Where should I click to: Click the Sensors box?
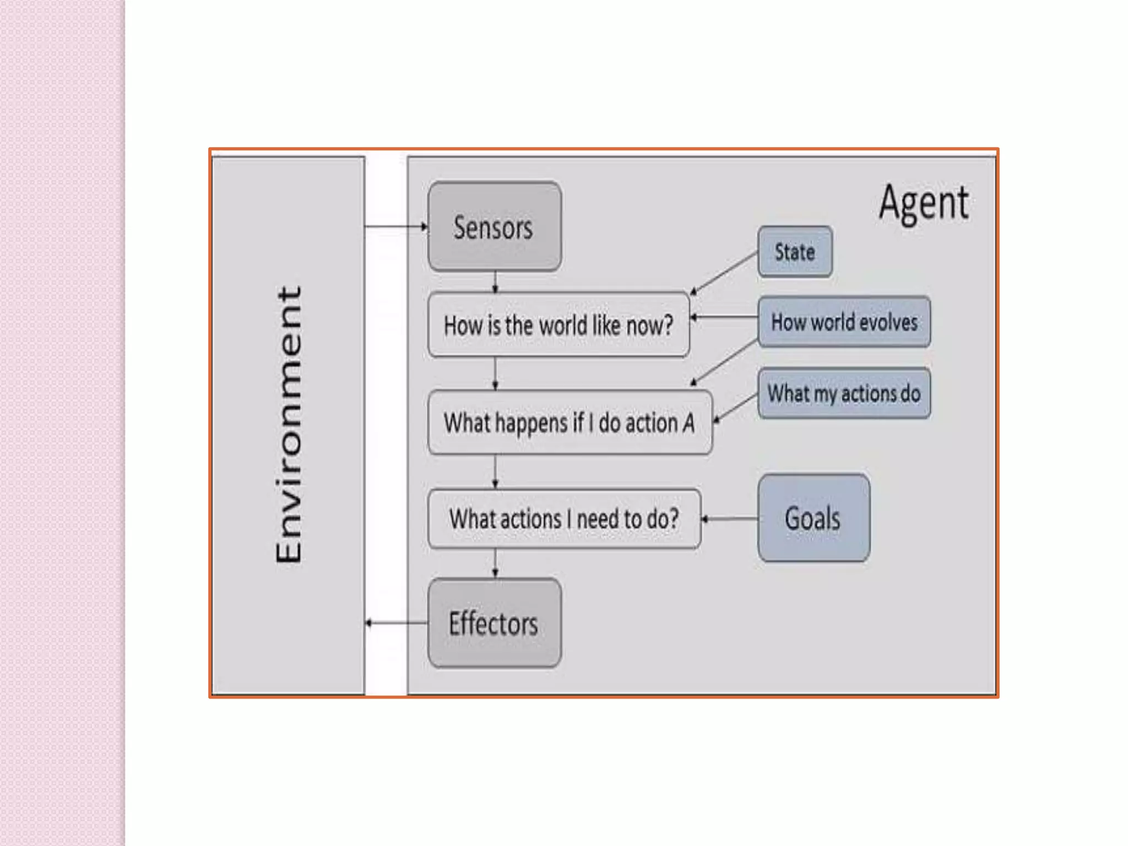tap(494, 226)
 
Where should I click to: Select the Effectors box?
tap(494, 623)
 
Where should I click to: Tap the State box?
tap(794, 252)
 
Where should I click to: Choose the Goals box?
tap(813, 518)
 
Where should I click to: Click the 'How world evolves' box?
tap(844, 322)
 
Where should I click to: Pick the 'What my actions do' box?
tap(844, 393)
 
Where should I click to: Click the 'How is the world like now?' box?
tap(558, 325)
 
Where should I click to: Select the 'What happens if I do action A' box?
tap(569, 422)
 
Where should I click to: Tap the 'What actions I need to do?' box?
tap(564, 519)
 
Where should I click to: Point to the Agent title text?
tap(924, 203)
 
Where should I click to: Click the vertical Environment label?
tap(289, 424)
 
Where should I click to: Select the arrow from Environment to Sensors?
tap(395, 226)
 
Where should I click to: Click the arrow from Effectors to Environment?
tap(397, 623)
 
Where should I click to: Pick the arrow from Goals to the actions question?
tap(729, 519)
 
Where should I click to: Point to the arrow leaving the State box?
tap(724, 272)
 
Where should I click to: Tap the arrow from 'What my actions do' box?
tap(736, 408)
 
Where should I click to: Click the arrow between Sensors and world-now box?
tap(495, 281)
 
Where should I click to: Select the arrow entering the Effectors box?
tap(495, 563)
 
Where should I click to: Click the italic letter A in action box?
tap(688, 423)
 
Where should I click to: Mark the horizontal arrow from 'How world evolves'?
tap(724, 317)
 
